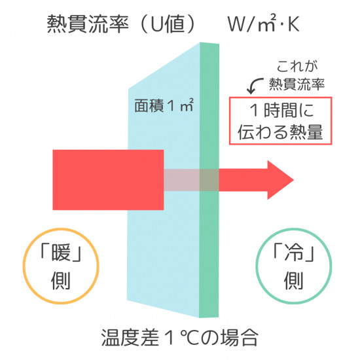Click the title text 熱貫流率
88,24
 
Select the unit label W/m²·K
263,24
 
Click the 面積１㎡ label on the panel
164,105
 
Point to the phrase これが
297,67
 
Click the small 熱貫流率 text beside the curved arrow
297,84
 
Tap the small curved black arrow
254,85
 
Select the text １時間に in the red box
281,111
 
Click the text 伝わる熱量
280,132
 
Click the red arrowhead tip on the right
294,180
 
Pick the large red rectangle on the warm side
108,180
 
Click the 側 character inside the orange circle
61,281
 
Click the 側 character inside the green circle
294,281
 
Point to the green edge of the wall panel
209,180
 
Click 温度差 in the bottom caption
130,337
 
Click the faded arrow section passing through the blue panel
181,180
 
